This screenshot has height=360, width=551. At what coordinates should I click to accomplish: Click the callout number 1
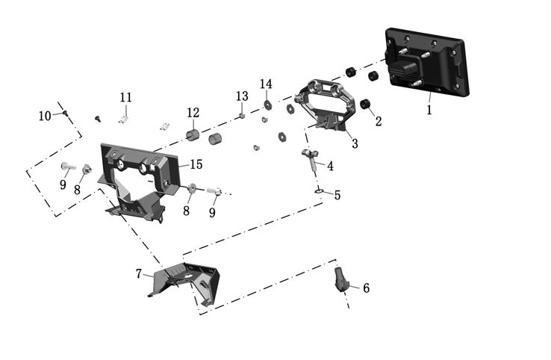pyautogui.click(x=429, y=109)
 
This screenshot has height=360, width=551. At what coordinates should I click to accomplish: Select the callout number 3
pyautogui.click(x=355, y=143)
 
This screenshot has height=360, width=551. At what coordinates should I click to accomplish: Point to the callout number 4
pyautogui.click(x=330, y=165)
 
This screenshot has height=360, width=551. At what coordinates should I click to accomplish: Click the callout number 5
pyautogui.click(x=337, y=195)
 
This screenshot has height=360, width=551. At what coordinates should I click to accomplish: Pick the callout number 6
pyautogui.click(x=366, y=288)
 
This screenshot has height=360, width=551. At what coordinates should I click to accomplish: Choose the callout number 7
pyautogui.click(x=139, y=273)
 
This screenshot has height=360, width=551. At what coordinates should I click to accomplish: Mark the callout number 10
pyautogui.click(x=46, y=116)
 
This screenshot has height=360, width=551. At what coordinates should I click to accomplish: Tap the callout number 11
pyautogui.click(x=125, y=97)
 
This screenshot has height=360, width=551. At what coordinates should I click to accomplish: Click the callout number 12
pyautogui.click(x=193, y=113)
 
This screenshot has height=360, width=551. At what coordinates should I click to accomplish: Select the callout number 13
pyautogui.click(x=241, y=96)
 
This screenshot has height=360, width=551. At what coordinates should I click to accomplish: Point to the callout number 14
pyautogui.click(x=267, y=83)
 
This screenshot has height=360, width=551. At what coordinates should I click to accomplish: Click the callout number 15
pyautogui.click(x=196, y=164)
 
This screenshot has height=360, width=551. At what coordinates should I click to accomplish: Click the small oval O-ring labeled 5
pyautogui.click(x=319, y=190)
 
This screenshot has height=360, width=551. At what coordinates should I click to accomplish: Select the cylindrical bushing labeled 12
pyautogui.click(x=193, y=134)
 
